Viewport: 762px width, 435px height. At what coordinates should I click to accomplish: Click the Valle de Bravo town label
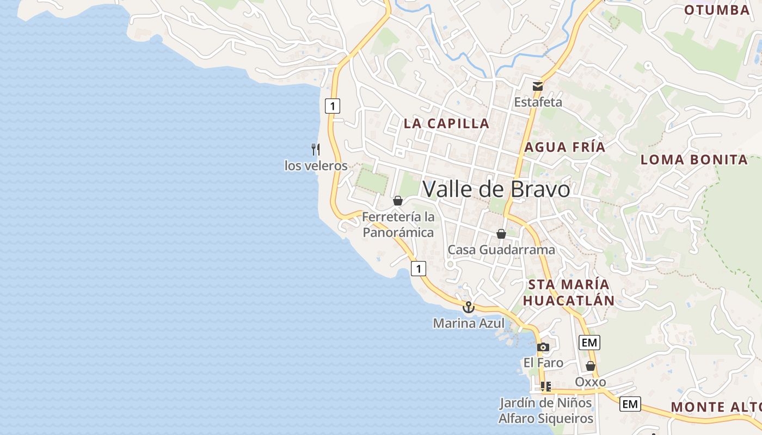pyautogui.click(x=496, y=189)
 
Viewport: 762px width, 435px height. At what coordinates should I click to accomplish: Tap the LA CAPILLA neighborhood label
pyautogui.click(x=446, y=123)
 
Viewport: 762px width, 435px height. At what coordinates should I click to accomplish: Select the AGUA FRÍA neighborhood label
pyautogui.click(x=565, y=147)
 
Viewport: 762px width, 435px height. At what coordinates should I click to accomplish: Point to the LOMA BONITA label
pyautogui.click(x=694, y=160)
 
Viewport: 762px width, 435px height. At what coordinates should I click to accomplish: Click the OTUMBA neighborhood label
pyautogui.click(x=717, y=10)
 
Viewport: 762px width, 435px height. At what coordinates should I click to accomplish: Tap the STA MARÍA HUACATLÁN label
pyautogui.click(x=568, y=293)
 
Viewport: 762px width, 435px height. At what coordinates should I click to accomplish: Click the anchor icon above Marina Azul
pyautogui.click(x=468, y=308)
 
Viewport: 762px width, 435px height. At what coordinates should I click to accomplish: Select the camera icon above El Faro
pyautogui.click(x=543, y=347)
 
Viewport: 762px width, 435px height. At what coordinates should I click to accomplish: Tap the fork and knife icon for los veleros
pyautogui.click(x=316, y=149)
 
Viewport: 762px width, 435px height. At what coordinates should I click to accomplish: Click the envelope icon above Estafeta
pyautogui.click(x=538, y=86)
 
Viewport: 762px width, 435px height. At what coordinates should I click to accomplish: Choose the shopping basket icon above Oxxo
pyautogui.click(x=591, y=366)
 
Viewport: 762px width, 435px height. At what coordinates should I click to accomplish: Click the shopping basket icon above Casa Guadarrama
pyautogui.click(x=501, y=234)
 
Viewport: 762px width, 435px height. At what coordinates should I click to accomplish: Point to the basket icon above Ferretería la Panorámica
pyautogui.click(x=398, y=201)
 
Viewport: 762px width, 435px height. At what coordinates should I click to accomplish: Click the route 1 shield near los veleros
pyautogui.click(x=332, y=105)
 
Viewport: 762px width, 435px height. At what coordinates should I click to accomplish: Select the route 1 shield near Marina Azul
pyautogui.click(x=418, y=268)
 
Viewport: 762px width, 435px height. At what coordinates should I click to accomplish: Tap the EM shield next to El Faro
pyautogui.click(x=589, y=343)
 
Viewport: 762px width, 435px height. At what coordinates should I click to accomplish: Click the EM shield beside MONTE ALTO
pyautogui.click(x=630, y=404)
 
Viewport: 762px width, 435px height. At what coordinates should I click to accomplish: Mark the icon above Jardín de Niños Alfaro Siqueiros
pyautogui.click(x=545, y=387)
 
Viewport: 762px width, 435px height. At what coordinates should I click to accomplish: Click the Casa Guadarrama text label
pyautogui.click(x=501, y=250)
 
